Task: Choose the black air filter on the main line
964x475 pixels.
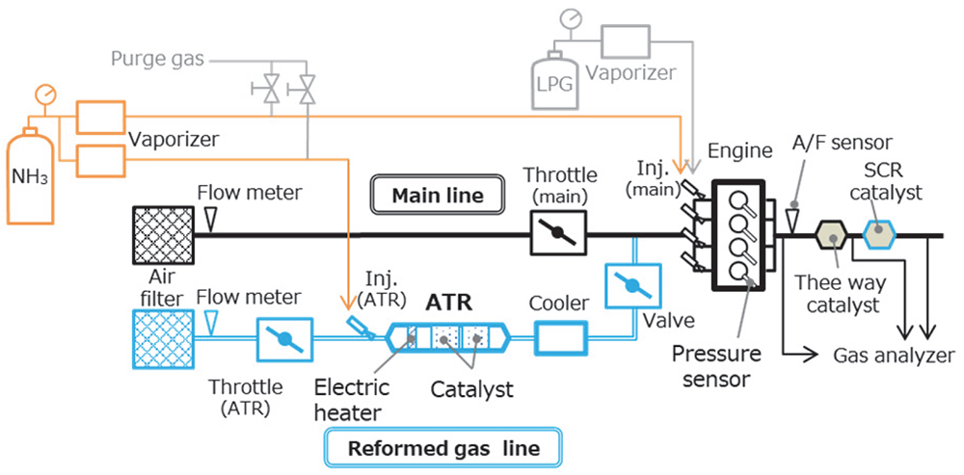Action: (158, 234)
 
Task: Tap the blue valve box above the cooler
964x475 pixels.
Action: (632, 286)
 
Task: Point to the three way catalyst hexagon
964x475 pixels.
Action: (830, 234)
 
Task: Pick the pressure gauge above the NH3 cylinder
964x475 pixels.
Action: (43, 94)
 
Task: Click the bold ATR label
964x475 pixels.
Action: (450, 303)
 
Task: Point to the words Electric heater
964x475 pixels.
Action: (352, 400)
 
